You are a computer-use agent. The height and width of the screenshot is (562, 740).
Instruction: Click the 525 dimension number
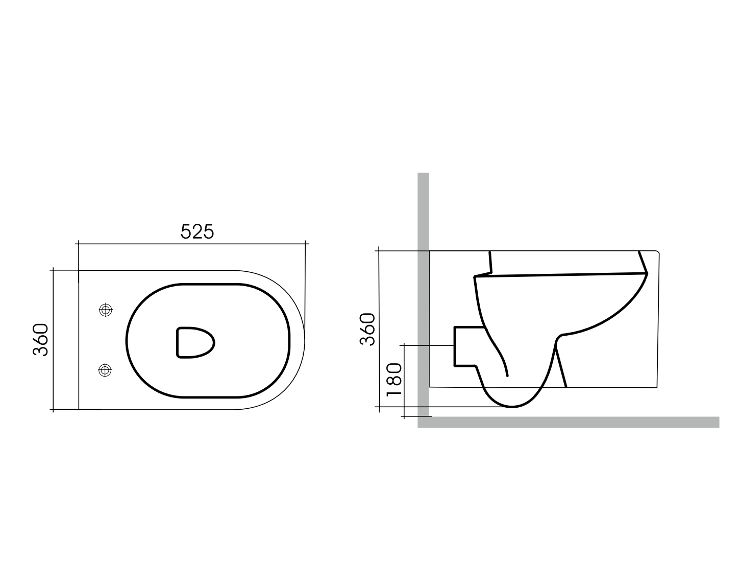pos(198,231)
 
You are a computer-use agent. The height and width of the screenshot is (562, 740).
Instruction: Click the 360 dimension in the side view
pos(367,329)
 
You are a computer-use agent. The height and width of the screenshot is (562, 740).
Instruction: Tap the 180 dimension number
pos(394,380)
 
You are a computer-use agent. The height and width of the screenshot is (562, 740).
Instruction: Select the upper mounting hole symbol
pos(106,310)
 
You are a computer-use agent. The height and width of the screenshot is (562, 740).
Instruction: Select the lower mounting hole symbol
pos(105,370)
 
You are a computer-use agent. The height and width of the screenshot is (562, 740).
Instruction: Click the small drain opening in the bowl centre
pos(195,342)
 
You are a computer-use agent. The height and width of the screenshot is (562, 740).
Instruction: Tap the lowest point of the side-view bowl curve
pos(512,407)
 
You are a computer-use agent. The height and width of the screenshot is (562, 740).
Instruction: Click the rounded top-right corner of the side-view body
pos(658,252)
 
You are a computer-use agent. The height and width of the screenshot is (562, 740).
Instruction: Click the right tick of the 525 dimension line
pos(305,244)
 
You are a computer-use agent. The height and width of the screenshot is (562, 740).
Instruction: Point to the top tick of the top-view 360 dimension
pos(54,270)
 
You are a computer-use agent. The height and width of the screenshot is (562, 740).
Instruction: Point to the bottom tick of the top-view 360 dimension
pos(54,409)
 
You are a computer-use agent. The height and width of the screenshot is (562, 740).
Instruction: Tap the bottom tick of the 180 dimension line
pos(404,416)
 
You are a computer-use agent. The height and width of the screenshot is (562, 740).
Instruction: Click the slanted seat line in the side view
pos(561,275)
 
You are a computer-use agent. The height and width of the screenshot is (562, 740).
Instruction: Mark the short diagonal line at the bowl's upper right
pos(643,263)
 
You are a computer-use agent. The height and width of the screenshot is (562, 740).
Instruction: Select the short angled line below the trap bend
pos(561,366)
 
